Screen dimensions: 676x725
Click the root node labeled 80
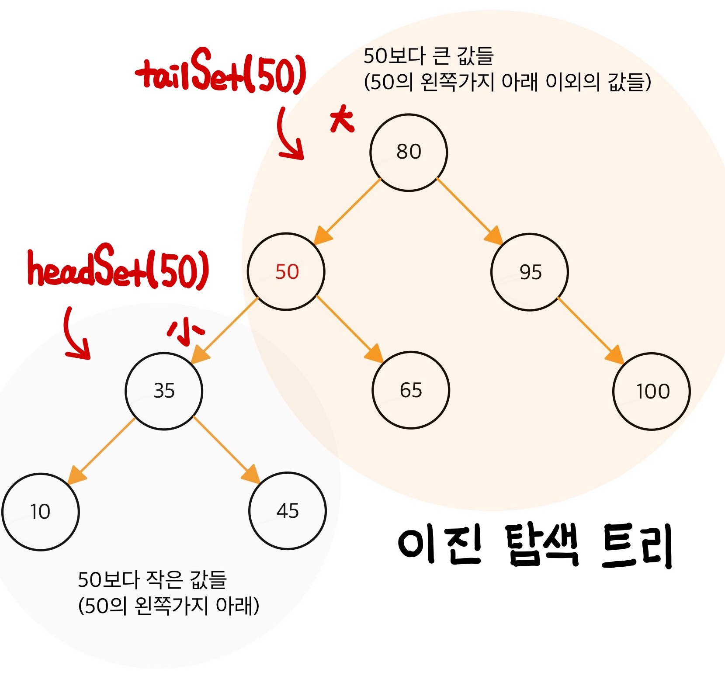click(409, 153)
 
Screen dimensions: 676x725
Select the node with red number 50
click(286, 271)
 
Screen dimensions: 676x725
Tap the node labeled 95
click(530, 272)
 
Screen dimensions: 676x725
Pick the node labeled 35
click(164, 391)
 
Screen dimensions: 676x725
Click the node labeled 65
click(411, 390)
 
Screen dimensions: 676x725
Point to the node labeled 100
click(652, 392)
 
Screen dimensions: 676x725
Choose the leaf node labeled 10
click(41, 512)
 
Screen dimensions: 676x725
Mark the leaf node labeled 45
click(288, 511)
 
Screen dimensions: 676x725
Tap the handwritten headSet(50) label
click(118, 268)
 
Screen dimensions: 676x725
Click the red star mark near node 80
click(342, 119)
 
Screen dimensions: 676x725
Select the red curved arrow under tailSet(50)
click(288, 135)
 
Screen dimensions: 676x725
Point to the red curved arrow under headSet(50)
click(75, 334)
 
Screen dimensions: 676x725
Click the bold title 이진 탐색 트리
click(535, 546)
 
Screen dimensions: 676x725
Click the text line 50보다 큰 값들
click(428, 56)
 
